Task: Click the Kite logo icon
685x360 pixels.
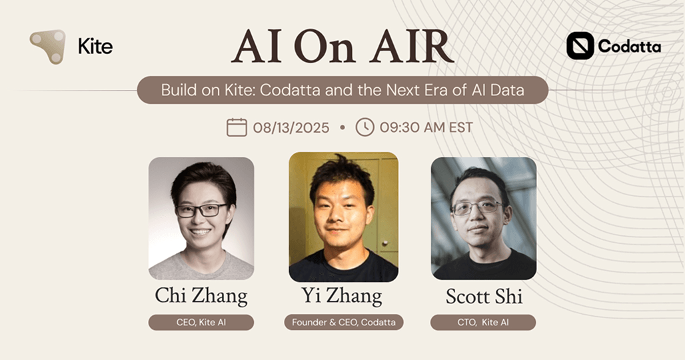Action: tap(48, 46)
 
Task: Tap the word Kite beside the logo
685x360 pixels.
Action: tap(95, 47)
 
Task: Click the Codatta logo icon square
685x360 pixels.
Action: tap(580, 46)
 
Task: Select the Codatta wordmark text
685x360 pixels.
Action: tap(629, 47)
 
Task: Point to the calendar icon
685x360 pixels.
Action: tap(237, 127)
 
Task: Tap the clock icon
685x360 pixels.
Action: tap(364, 127)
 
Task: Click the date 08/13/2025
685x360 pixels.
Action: tap(291, 127)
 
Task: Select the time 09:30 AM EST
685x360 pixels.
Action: tap(426, 127)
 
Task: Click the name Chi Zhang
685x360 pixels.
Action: tap(201, 295)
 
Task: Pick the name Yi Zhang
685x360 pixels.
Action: tap(342, 295)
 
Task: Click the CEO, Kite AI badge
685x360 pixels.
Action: tap(201, 323)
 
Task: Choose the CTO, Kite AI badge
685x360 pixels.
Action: tap(483, 323)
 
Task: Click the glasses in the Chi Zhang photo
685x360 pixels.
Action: tap(201, 210)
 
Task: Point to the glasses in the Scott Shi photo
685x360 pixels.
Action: tap(477, 207)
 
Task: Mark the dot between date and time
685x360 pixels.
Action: tap(342, 127)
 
